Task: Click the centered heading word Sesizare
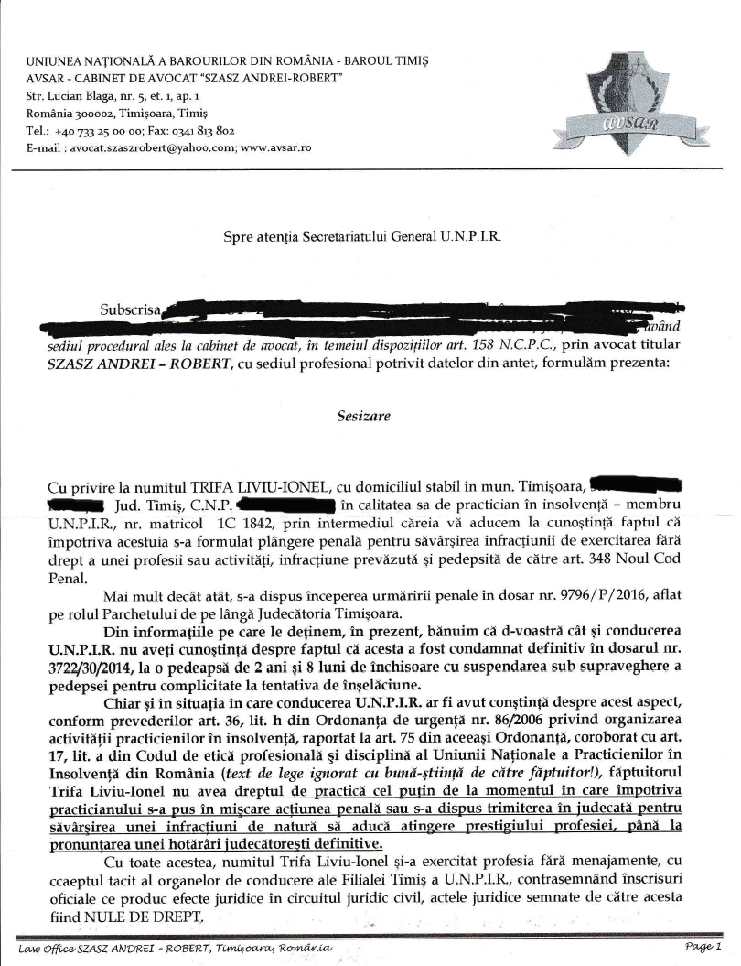(364, 416)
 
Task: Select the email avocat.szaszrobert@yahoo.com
(151, 148)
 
